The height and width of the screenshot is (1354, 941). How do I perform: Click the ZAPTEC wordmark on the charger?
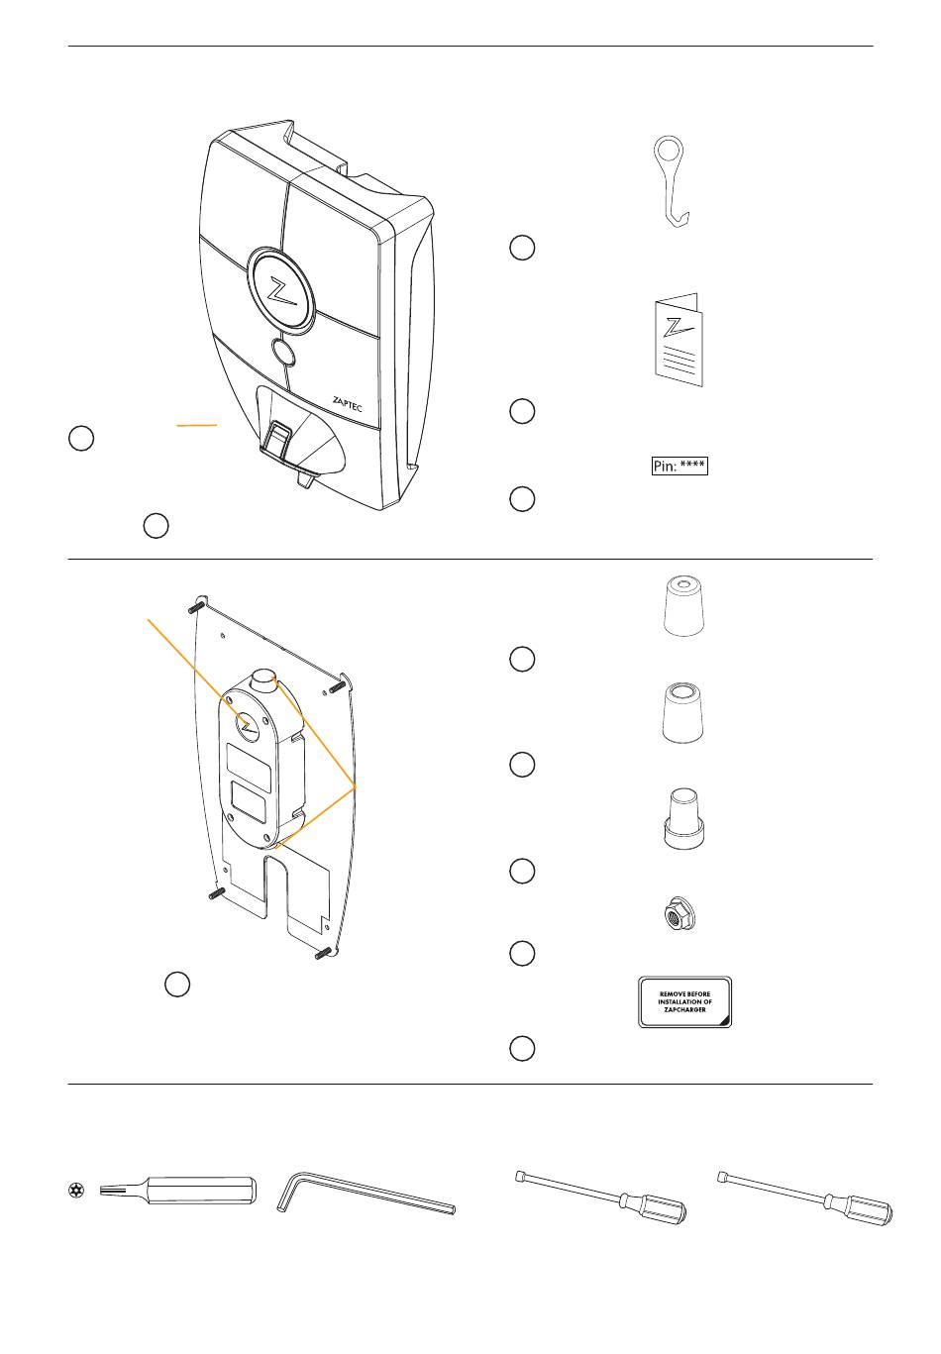click(347, 404)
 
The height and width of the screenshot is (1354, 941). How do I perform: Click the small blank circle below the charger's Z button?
click(282, 352)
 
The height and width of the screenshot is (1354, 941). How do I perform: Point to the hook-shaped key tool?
click(672, 181)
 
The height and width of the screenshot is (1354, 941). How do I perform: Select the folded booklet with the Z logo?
click(679, 339)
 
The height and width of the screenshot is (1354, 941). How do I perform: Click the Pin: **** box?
click(680, 467)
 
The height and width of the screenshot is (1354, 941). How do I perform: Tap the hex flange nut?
click(680, 914)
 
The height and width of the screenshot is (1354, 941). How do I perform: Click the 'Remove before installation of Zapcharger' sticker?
click(684, 1001)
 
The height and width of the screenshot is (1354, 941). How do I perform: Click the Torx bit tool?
click(177, 1191)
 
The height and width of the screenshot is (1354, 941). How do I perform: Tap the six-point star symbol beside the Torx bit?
click(76, 1191)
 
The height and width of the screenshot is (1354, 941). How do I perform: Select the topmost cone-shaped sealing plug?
click(683, 605)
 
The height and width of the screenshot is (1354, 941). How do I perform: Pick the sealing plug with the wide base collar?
click(683, 818)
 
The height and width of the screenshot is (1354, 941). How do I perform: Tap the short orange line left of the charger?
click(197, 426)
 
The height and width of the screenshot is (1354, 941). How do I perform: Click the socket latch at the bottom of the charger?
click(278, 437)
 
